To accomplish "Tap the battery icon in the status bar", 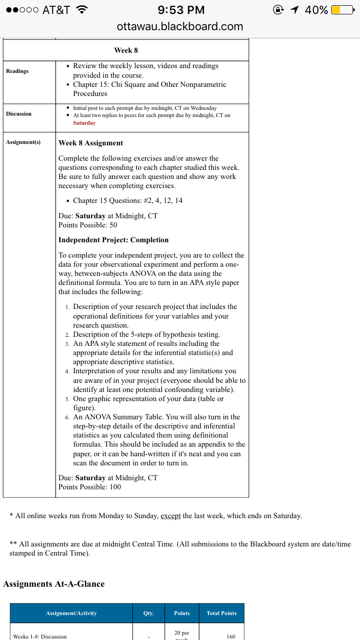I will pyautogui.click(x=342, y=10).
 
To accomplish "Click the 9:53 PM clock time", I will pyautogui.click(x=180, y=10).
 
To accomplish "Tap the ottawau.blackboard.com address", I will pyautogui.click(x=180, y=26).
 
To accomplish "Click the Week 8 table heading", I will pyautogui.click(x=126, y=50).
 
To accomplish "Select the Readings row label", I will pyautogui.click(x=17, y=71).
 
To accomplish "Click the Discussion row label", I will pyautogui.click(x=19, y=114).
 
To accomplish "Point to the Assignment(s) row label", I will pyautogui.click(x=24, y=142).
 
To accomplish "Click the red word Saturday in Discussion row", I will pyautogui.click(x=84, y=123).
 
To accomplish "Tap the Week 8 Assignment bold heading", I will pyautogui.click(x=91, y=143).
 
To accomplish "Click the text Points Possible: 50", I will pyautogui.click(x=88, y=225).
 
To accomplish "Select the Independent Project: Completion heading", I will pyautogui.click(x=113, y=240).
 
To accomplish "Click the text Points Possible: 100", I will pyautogui.click(x=90, y=487).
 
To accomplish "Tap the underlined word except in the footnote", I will pyautogui.click(x=170, y=516).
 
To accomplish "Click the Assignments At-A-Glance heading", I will pyautogui.click(x=54, y=584).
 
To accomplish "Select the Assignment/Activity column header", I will pyautogui.click(x=71, y=613).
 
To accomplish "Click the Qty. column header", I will pyautogui.click(x=148, y=613).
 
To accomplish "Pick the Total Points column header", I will pyautogui.click(x=221, y=613).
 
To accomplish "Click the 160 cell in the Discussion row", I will pyautogui.click(x=230, y=637).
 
